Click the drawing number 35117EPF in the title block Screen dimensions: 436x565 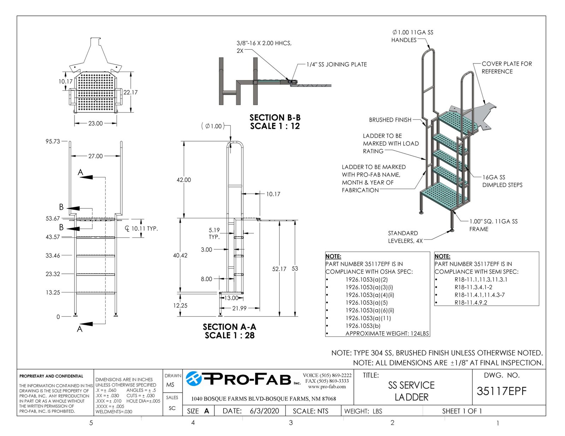coord(501,391)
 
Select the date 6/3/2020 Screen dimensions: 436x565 coord(264,411)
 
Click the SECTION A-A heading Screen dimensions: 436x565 coord(230,327)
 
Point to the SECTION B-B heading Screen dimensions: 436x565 coord(275,117)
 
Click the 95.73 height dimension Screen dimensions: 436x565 coord(53,141)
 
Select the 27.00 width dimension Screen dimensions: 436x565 coord(95,156)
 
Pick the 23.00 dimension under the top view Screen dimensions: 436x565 coord(95,123)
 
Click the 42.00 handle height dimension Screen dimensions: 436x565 coord(184,180)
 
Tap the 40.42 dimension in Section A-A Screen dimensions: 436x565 coord(180,255)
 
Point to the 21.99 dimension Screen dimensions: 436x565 coord(239,308)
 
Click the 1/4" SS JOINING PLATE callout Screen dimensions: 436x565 coord(337,65)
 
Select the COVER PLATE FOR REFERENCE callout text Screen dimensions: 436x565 coord(506,68)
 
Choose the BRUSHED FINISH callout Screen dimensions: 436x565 coord(390,120)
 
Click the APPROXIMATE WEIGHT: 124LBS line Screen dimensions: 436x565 coord(387,333)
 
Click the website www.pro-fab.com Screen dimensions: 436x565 coord(327,387)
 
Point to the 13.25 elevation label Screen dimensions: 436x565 coord(53,292)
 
